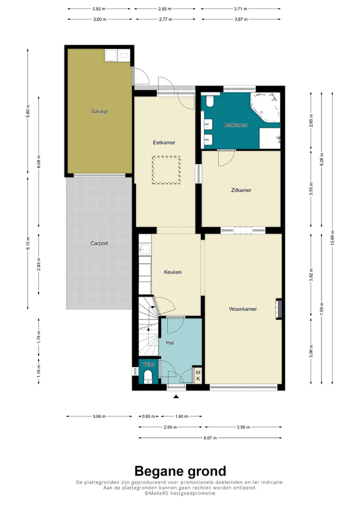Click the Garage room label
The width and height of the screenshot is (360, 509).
tap(99, 111)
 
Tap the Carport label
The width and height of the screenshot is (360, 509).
tap(99, 243)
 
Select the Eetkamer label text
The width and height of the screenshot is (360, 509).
tap(164, 142)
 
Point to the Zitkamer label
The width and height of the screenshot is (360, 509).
tap(241, 190)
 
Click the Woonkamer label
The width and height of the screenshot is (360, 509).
tap(243, 309)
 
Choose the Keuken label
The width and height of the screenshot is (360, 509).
tap(172, 272)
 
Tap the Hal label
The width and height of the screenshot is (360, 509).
tap(170, 343)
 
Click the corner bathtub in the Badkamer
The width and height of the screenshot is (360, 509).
tap(266, 107)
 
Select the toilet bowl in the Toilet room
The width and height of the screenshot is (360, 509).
tap(148, 376)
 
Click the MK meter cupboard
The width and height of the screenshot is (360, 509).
tap(198, 375)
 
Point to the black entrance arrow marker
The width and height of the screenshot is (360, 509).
tap(176, 396)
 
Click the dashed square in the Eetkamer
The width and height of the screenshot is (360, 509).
tap(166, 170)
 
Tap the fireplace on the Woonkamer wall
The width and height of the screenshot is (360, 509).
tap(278, 309)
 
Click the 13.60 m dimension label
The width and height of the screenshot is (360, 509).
tap(332, 238)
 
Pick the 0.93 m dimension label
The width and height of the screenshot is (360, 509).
tap(148, 416)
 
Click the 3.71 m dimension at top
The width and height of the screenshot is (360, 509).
tap(240, 9)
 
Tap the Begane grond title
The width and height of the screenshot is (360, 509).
tap(180, 471)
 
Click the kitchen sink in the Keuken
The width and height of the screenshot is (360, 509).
tap(144, 249)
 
